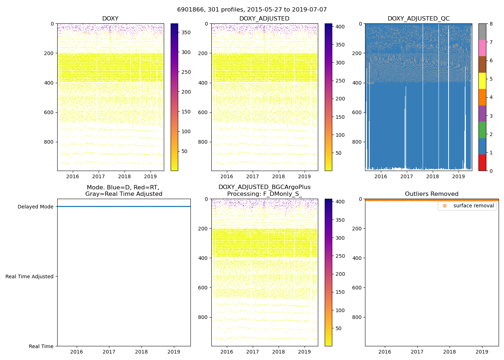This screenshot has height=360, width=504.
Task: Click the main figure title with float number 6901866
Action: (x=252, y=10)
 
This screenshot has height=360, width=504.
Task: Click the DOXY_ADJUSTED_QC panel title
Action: (x=418, y=19)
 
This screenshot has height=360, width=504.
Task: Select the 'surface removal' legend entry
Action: (x=473, y=206)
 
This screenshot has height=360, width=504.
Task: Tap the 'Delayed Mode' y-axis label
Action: (x=35, y=207)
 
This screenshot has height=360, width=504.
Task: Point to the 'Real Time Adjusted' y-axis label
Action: (x=30, y=276)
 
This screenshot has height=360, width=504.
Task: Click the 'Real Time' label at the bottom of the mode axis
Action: (x=41, y=346)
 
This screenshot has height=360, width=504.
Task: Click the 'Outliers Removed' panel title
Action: (x=432, y=194)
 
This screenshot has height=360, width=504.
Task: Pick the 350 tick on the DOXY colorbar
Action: (x=186, y=32)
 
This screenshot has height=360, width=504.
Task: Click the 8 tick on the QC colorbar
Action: (x=491, y=24)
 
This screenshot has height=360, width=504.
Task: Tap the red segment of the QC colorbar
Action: (x=482, y=163)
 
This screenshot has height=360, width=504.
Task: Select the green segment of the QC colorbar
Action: (x=482, y=130)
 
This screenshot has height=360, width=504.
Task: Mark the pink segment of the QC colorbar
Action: (x=482, y=48)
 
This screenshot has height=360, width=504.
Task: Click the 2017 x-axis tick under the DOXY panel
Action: (x=98, y=176)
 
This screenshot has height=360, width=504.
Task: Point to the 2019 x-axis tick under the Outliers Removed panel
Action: (x=482, y=352)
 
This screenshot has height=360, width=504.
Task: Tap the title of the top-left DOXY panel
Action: (x=110, y=19)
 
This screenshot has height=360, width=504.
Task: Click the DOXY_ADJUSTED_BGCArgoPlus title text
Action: (x=264, y=187)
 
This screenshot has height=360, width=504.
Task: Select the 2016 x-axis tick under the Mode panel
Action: (x=76, y=352)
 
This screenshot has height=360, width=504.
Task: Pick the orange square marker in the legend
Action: (x=445, y=206)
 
